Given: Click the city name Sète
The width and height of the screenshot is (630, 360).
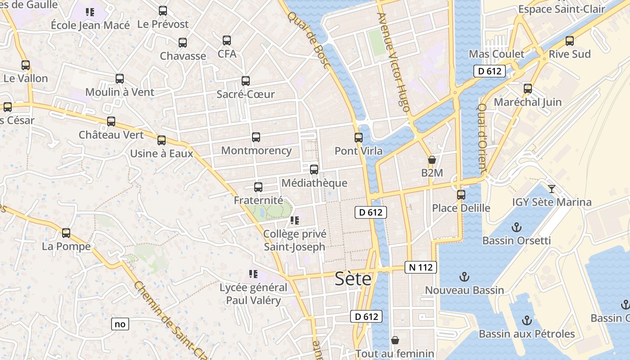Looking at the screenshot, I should (x=353, y=279).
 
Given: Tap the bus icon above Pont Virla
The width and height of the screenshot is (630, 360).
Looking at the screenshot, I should (x=359, y=137).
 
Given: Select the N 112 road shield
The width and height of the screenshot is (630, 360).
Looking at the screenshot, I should (x=421, y=267).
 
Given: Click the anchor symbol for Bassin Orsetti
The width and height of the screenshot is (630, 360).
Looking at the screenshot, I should (x=517, y=227).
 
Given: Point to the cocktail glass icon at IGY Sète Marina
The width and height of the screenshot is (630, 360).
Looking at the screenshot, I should (x=552, y=189).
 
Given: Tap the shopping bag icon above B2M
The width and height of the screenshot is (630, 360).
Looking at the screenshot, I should (x=432, y=160).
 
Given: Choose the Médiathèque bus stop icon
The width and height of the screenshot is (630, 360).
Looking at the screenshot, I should (x=314, y=170).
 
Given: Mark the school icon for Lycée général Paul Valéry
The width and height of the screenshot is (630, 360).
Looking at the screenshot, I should (x=253, y=274).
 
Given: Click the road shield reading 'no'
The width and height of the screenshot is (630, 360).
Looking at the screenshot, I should (x=120, y=324).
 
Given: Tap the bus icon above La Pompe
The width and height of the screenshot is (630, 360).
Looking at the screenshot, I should (x=66, y=233).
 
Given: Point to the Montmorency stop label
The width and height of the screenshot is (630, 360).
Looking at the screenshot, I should (x=256, y=151).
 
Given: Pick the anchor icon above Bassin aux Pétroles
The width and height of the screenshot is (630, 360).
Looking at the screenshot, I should (x=526, y=320).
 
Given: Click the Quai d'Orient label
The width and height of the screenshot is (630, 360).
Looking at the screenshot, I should (x=482, y=139).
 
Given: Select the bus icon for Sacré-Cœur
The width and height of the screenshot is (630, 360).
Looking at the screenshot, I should (x=246, y=81).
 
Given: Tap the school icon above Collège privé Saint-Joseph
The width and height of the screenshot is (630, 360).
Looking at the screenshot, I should (x=295, y=220).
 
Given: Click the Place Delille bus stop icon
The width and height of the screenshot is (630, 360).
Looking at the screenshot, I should (x=461, y=195).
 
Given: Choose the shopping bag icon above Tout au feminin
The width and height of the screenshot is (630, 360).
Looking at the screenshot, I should (x=395, y=340).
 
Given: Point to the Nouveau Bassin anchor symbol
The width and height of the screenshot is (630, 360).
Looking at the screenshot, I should (x=464, y=277).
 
